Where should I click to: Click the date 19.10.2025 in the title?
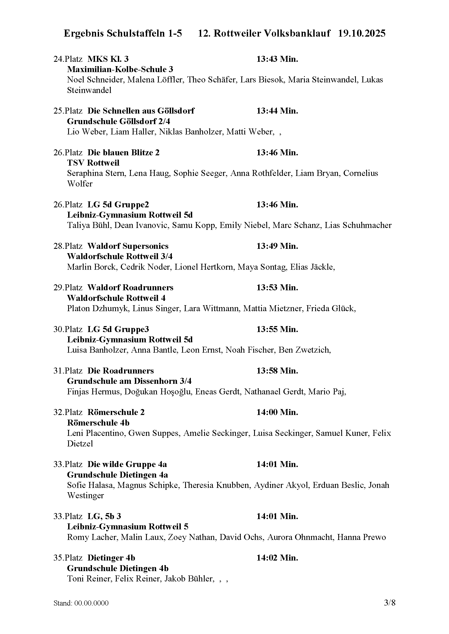[x=362, y=33]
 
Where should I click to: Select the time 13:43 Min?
[x=277, y=59]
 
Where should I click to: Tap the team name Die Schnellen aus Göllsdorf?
[x=141, y=111]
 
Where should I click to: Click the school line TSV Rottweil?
[x=93, y=163]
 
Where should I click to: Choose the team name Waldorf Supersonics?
[x=128, y=246]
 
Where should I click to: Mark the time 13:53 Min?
[x=277, y=288]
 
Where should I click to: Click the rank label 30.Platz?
[x=68, y=329]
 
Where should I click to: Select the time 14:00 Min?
[x=277, y=413]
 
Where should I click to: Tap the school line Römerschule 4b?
[x=98, y=423]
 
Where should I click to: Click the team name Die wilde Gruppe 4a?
[x=127, y=465]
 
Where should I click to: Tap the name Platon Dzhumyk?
[x=98, y=308]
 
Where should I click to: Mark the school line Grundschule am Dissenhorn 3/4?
[x=129, y=381]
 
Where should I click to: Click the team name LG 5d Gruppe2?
[x=118, y=205]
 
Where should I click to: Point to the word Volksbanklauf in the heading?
[x=297, y=33]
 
